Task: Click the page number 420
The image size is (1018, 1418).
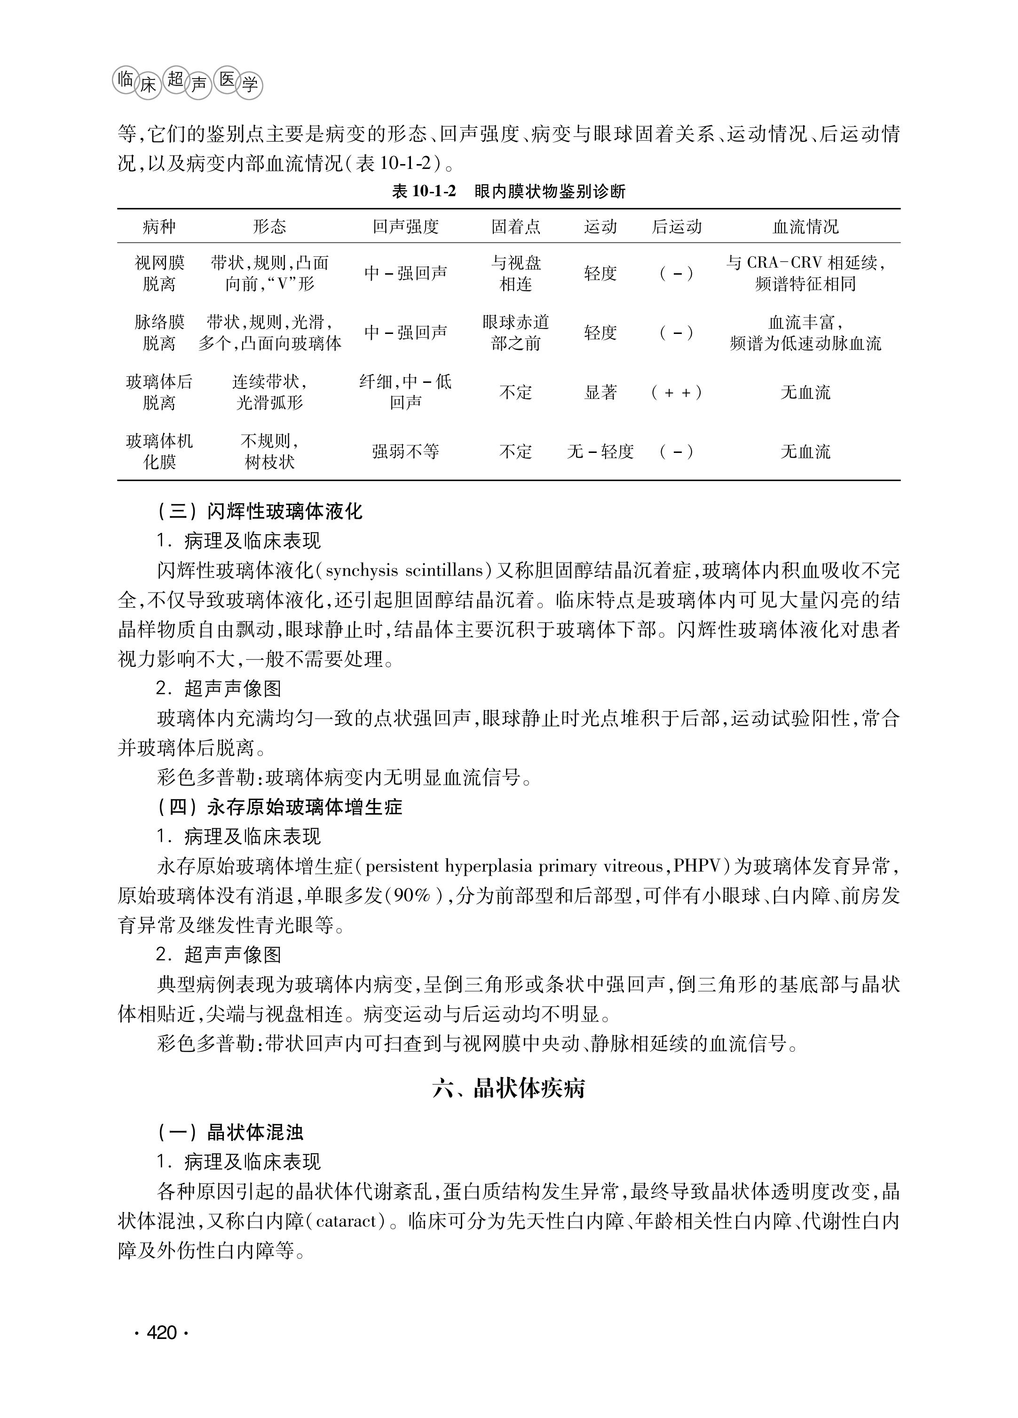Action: pyautogui.click(x=161, y=1332)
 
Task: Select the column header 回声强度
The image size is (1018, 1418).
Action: pyautogui.click(x=406, y=226)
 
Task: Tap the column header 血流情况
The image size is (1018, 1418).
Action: pyautogui.click(x=805, y=226)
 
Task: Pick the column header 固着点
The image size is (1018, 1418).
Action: pyautogui.click(x=515, y=226)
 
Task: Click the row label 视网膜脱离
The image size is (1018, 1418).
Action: pyautogui.click(x=159, y=273)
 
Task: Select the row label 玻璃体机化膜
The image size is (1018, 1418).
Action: pyautogui.click(x=159, y=452)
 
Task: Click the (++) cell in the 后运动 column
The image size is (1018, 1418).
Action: pyautogui.click(x=676, y=392)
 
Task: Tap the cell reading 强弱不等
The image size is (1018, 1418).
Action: pyautogui.click(x=406, y=452)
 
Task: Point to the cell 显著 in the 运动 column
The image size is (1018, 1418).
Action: pyautogui.click(x=600, y=392)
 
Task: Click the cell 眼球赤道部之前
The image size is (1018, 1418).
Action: pyautogui.click(x=515, y=333)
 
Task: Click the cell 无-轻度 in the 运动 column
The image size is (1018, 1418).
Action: pyautogui.click(x=600, y=452)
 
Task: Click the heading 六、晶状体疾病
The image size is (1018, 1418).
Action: pyautogui.click(x=509, y=1088)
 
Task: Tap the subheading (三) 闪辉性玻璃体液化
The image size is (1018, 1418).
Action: pyautogui.click(x=260, y=511)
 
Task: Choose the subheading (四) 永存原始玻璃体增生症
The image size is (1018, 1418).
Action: pyautogui.click(x=279, y=807)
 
